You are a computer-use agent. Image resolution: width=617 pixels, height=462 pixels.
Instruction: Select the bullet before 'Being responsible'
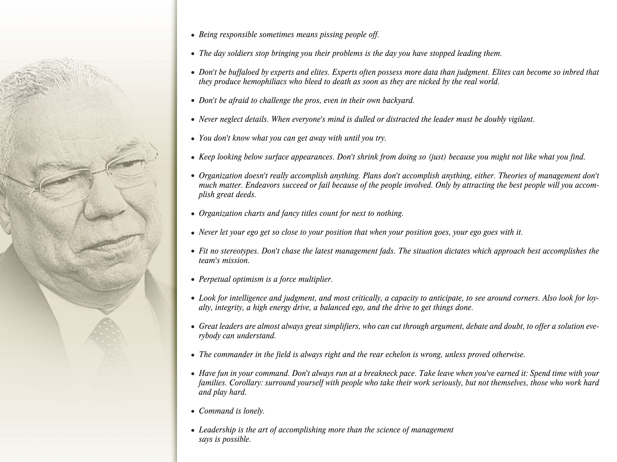point(193,35)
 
